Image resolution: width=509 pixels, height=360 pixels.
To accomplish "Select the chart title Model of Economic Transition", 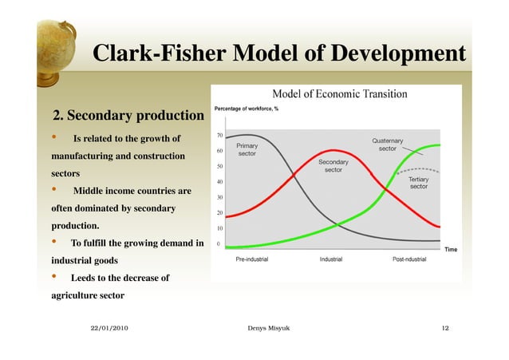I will [x=340, y=93].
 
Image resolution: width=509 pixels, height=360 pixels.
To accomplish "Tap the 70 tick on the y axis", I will [x=219, y=135].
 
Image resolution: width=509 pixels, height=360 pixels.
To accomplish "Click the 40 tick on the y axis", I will [x=219, y=182].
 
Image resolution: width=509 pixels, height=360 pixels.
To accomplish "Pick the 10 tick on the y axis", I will [x=219, y=228].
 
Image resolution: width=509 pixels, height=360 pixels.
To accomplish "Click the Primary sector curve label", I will [x=247, y=150].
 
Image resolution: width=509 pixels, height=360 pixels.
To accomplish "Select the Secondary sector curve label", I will [x=333, y=166].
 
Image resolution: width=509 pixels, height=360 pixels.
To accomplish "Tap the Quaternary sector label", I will [x=387, y=145].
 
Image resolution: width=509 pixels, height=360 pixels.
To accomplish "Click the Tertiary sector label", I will [x=419, y=183].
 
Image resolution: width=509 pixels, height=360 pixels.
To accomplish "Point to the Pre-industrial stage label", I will [x=252, y=259].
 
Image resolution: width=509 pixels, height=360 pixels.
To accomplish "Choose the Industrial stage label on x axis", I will [x=337, y=259].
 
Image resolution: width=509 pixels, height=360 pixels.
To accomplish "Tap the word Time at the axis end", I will [x=451, y=250].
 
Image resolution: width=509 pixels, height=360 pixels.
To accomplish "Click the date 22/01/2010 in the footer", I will [x=109, y=328].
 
